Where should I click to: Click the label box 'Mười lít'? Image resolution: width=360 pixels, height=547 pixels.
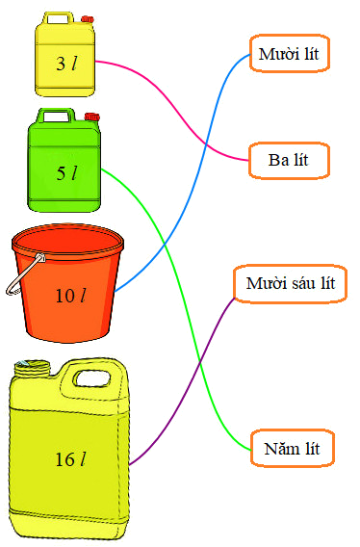[x=290, y=53]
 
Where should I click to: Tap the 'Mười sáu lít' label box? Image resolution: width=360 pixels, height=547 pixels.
[x=290, y=284]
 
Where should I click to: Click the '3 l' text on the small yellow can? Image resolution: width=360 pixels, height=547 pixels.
[x=65, y=65]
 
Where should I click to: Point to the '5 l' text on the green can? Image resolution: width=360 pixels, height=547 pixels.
[x=65, y=173]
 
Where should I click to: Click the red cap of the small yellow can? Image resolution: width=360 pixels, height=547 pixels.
[x=88, y=18]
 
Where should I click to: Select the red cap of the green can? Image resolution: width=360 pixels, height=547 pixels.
[x=92, y=117]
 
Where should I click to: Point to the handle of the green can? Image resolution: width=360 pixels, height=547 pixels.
[x=57, y=116]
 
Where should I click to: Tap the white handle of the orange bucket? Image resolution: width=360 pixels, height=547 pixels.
[x=21, y=275]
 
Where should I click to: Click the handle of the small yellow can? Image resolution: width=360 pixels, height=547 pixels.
[x=57, y=17]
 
